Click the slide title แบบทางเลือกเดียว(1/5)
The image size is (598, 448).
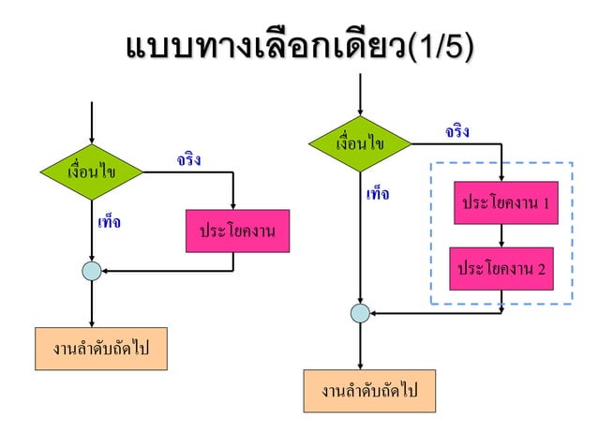click(x=298, y=45)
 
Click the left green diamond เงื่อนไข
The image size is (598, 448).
click(x=92, y=172)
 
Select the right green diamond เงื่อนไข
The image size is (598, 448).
click(x=361, y=143)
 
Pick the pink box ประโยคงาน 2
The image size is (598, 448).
click(x=501, y=269)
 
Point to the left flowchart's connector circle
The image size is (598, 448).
click(x=92, y=272)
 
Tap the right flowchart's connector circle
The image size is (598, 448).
click(x=360, y=313)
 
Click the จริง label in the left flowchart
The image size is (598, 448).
click(x=187, y=161)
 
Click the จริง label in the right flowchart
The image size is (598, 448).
click(x=457, y=132)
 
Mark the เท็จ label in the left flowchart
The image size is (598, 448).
click(x=109, y=224)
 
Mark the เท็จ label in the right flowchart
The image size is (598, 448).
click(x=378, y=195)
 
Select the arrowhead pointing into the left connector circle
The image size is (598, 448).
click(x=106, y=272)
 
